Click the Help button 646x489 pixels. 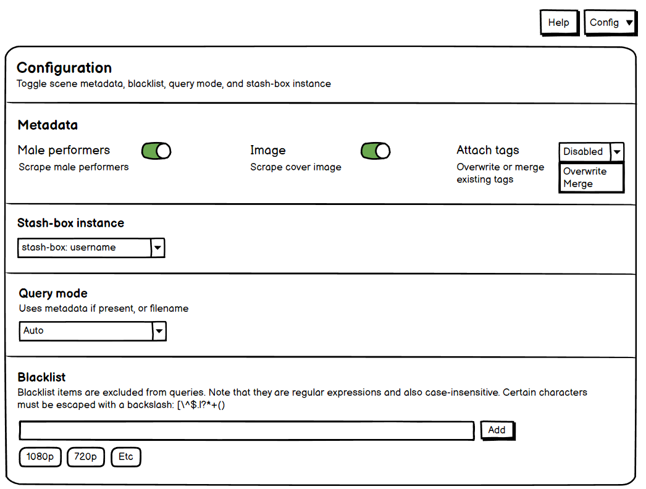click(x=559, y=23)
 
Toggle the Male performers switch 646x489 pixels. click(x=156, y=151)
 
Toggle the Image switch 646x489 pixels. click(x=375, y=151)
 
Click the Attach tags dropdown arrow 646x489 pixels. click(x=617, y=152)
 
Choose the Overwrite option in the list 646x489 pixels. click(x=585, y=172)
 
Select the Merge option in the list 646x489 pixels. click(x=578, y=184)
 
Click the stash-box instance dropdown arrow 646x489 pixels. click(x=158, y=248)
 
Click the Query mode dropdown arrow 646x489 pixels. click(x=159, y=331)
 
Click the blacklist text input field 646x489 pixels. click(x=246, y=430)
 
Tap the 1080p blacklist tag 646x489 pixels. click(x=40, y=457)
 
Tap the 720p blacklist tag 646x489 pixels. click(x=85, y=457)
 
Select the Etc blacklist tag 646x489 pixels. click(x=126, y=457)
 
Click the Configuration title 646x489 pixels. click(x=64, y=68)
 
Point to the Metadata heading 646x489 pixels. click(x=48, y=125)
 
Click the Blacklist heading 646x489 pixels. click(x=41, y=377)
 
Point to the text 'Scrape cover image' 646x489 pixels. click(x=295, y=167)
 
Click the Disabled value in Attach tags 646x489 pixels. click(x=583, y=152)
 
